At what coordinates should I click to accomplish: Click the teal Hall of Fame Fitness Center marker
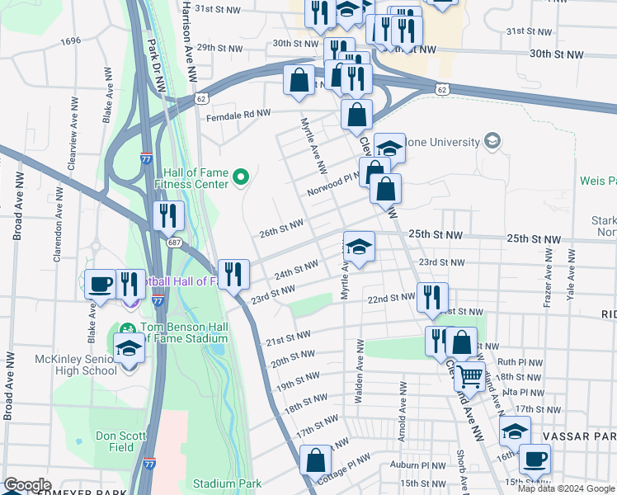241,177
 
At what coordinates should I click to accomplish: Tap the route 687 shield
173,243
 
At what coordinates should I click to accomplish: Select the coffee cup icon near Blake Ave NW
101,284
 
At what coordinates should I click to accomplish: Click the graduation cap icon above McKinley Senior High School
129,350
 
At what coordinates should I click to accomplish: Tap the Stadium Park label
227,483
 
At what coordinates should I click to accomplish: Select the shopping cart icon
469,377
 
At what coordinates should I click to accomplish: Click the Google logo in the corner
27,485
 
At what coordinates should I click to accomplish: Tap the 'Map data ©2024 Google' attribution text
566,488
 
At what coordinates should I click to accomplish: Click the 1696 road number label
70,40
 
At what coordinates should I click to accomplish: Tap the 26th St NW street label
281,228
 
